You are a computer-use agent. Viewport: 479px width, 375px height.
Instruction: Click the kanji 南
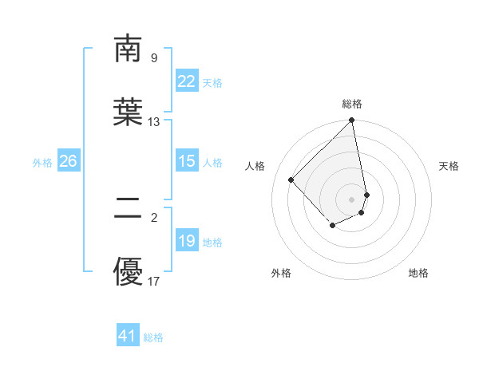[129, 49]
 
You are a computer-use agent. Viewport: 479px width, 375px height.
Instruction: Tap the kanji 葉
[129, 112]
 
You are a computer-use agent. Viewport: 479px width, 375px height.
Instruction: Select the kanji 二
[129, 208]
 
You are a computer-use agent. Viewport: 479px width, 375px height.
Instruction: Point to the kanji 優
[129, 272]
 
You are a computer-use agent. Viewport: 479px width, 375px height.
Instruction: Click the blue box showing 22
[186, 81]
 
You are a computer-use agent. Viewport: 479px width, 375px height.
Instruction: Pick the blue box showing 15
[186, 161]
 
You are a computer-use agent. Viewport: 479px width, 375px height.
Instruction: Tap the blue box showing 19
[186, 241]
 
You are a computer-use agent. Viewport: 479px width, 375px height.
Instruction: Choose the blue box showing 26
[68, 161]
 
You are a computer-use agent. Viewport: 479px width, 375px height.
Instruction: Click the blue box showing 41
[128, 336]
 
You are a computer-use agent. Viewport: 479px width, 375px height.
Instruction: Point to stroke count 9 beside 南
[153, 57]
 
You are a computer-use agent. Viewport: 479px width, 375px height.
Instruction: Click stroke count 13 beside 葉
[154, 122]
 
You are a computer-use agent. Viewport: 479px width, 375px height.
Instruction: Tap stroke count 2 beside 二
[153, 217]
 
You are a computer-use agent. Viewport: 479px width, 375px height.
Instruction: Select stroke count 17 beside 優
[154, 281]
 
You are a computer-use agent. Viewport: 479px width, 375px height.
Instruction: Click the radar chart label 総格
[352, 104]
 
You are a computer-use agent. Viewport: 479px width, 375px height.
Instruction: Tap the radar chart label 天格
[449, 166]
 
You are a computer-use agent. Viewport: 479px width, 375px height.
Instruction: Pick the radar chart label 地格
[418, 273]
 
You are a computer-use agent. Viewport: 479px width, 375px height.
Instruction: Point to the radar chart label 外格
[281, 273]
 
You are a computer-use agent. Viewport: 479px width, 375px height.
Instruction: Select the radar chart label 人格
[255, 166]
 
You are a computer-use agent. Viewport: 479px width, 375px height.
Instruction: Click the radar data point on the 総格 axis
[352, 121]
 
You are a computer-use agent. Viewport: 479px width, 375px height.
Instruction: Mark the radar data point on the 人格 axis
[291, 180]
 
